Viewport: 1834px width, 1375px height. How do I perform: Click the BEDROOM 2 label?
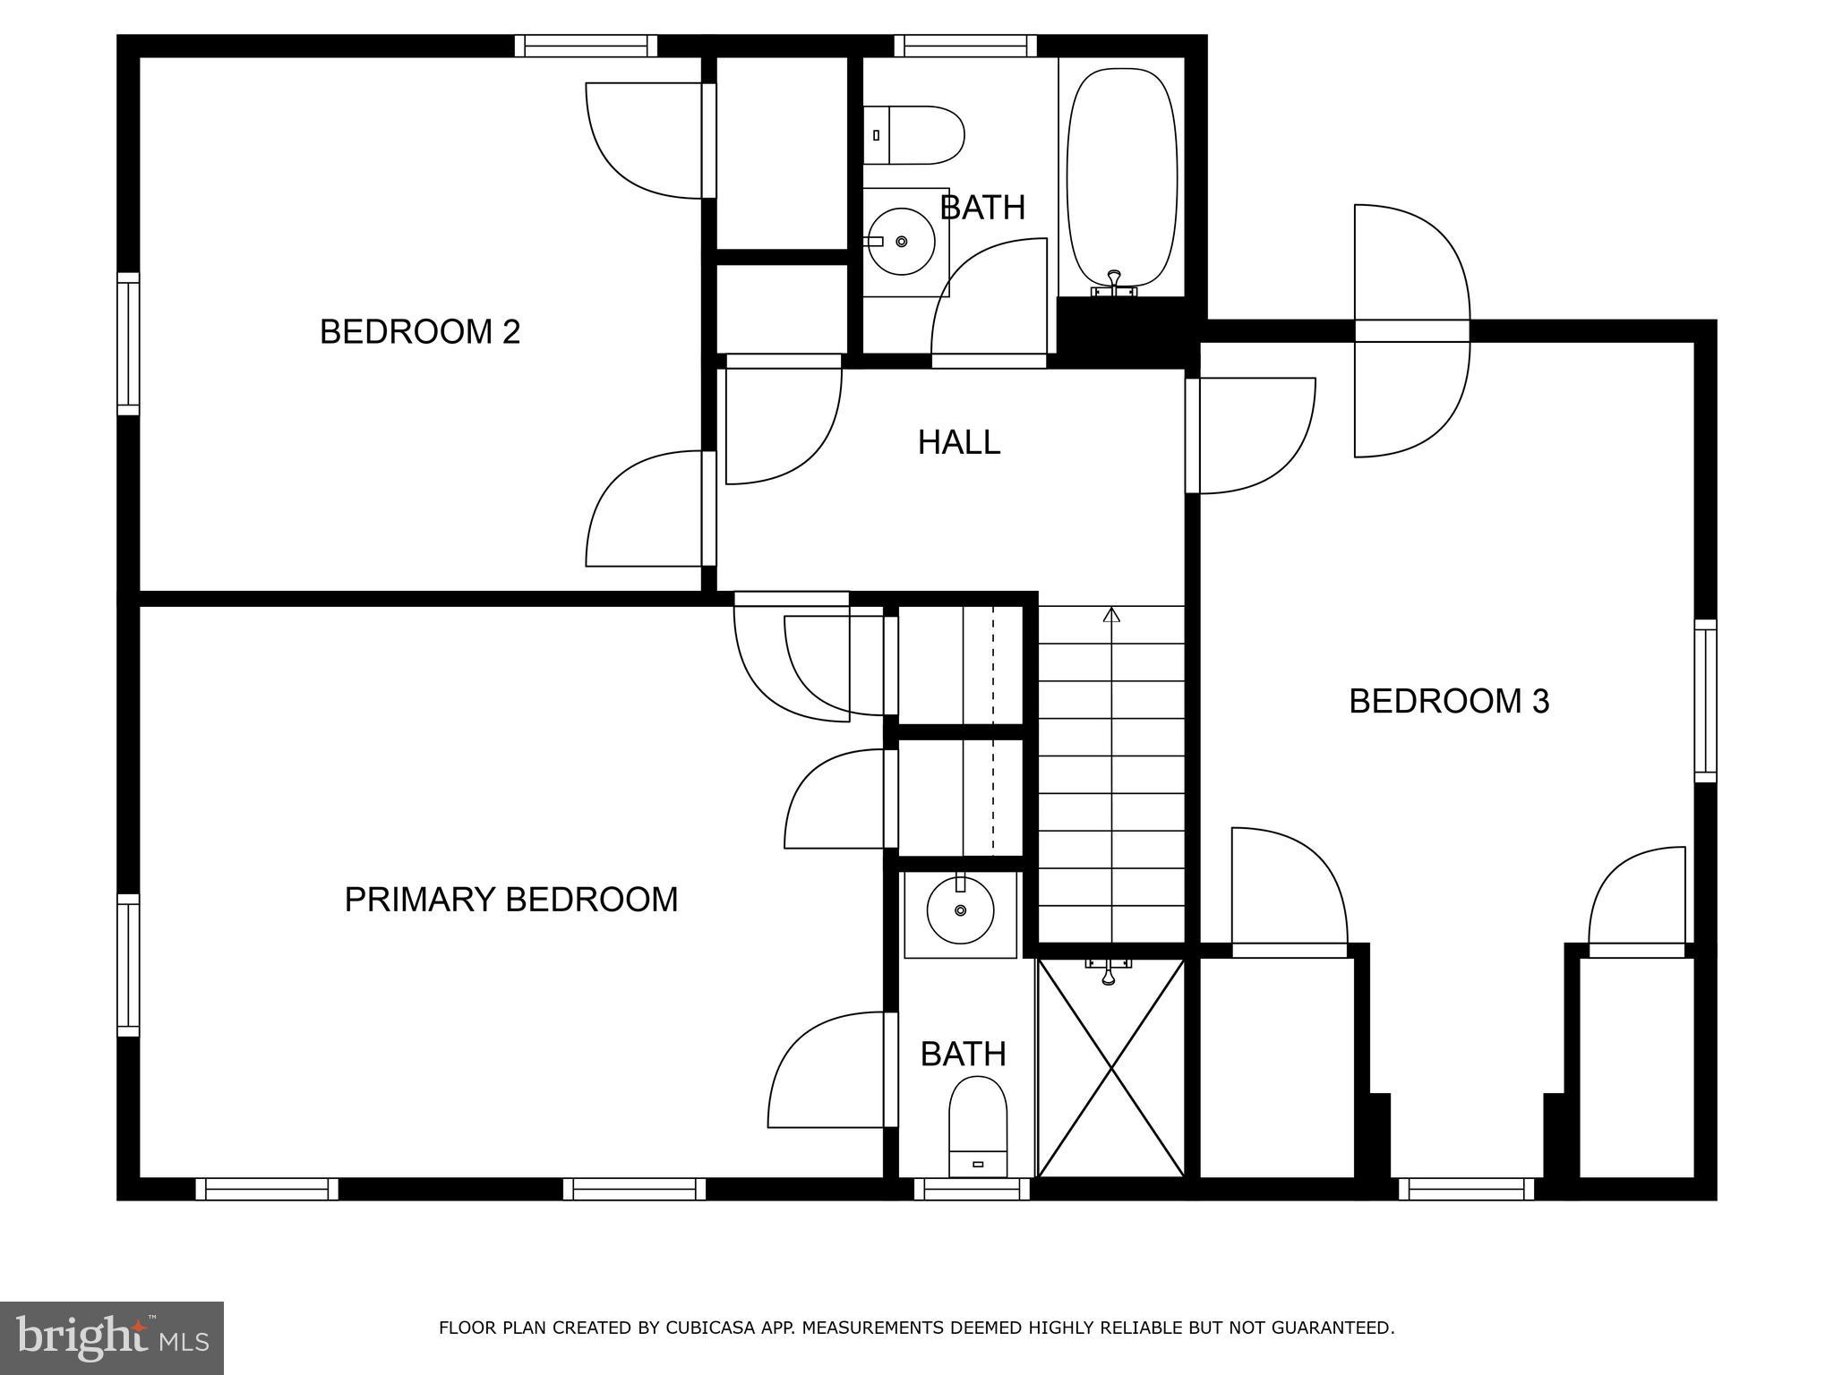point(419,332)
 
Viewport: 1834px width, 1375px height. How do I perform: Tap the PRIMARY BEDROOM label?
point(510,900)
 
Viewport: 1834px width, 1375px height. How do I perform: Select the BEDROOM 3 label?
point(1448,701)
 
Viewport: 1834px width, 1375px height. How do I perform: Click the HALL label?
point(958,442)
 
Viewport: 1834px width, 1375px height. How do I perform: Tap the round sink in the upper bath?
point(901,242)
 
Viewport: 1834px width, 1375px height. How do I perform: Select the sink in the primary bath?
point(960,910)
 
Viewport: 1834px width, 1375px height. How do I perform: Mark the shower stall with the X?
point(1110,1068)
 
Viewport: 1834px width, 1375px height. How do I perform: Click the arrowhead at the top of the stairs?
point(1111,614)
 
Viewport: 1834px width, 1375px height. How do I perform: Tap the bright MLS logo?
point(111,1337)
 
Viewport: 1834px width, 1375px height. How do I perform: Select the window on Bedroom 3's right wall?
point(1705,701)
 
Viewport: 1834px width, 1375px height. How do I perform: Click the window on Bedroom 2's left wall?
point(129,344)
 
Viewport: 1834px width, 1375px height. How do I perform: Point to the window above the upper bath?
point(964,46)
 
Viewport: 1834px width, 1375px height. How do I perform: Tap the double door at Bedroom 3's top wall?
point(1411,330)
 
